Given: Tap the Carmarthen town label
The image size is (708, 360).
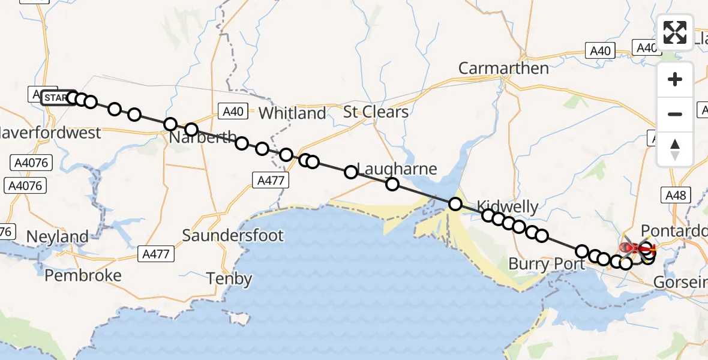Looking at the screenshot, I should pyautogui.click(x=503, y=68).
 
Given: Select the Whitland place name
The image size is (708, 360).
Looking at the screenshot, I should pyautogui.click(x=292, y=113).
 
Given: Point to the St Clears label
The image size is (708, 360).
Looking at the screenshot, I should pyautogui.click(x=376, y=112).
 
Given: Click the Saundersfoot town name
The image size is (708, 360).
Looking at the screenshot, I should pyautogui.click(x=233, y=235).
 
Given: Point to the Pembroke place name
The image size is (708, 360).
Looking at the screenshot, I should pyautogui.click(x=83, y=275).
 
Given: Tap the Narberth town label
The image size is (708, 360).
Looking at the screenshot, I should pyautogui.click(x=203, y=137).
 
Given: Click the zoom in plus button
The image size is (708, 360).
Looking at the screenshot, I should pyautogui.click(x=675, y=79).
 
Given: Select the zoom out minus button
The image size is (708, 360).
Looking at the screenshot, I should pyautogui.click(x=675, y=114).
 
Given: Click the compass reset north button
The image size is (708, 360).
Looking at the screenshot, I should pyautogui.click(x=675, y=149).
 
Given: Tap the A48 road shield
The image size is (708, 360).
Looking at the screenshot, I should pyautogui.click(x=676, y=194).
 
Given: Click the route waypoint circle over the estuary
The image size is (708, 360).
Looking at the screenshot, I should pyautogui.click(x=455, y=205).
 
